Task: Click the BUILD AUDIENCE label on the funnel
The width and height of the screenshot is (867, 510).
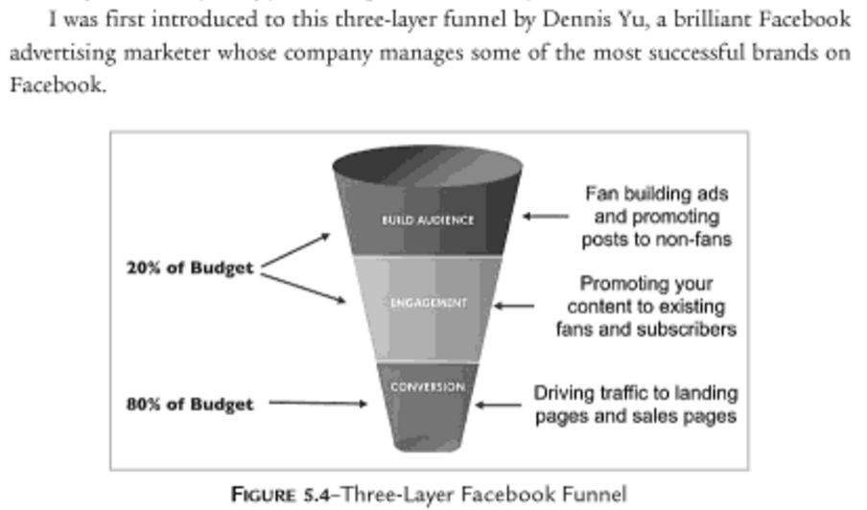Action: pos(427,220)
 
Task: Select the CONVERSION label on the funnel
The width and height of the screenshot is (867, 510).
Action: pos(427,387)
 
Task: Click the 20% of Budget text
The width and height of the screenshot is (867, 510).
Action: pos(190,268)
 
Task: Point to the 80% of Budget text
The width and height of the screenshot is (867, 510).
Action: pos(190,404)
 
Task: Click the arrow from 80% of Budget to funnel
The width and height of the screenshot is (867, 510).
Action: pos(316,404)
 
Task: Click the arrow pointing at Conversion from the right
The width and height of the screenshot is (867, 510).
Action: pos(498,405)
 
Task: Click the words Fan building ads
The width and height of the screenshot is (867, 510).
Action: pos(656,194)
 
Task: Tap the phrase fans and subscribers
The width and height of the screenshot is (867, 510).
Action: pos(644,329)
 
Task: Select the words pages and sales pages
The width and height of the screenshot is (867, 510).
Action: pos(636,416)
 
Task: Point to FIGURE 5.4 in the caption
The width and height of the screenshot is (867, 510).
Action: pos(283,495)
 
